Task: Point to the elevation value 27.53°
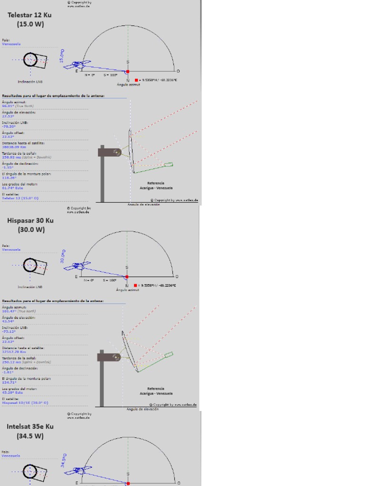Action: click(x=8, y=116)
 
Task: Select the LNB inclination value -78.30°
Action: click(x=9, y=127)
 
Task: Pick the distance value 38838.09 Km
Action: click(x=16, y=147)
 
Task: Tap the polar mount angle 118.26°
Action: click(x=9, y=178)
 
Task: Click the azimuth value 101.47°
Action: click(x=9, y=311)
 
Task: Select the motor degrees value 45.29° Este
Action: click(x=12, y=393)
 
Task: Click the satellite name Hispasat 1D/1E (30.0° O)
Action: click(x=25, y=402)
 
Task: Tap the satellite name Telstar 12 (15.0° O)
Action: click(x=20, y=198)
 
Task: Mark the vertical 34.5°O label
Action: click(x=63, y=460)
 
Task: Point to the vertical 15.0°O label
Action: click(x=62, y=56)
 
